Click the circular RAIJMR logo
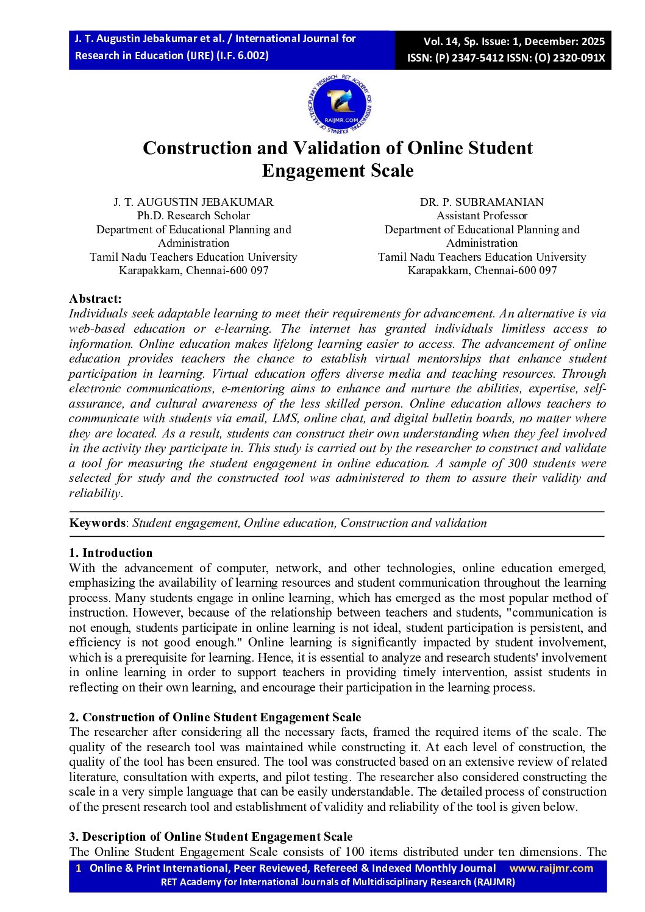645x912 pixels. [x=340, y=105]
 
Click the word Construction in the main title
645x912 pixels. [x=196, y=148]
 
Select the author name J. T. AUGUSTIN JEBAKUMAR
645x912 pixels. [x=193, y=202]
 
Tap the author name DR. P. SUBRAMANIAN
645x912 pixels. [x=482, y=202]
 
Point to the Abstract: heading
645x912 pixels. [x=95, y=299]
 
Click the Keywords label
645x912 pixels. [x=97, y=523]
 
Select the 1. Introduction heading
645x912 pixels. [x=110, y=553]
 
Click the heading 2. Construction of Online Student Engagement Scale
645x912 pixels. [x=215, y=717]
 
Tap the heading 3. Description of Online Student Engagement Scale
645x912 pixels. [x=211, y=836]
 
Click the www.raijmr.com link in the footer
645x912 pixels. [x=551, y=868]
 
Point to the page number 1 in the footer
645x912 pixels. [x=78, y=868]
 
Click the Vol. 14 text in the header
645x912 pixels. [x=440, y=41]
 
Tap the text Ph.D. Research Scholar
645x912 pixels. [x=193, y=216]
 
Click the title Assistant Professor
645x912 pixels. [x=482, y=216]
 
